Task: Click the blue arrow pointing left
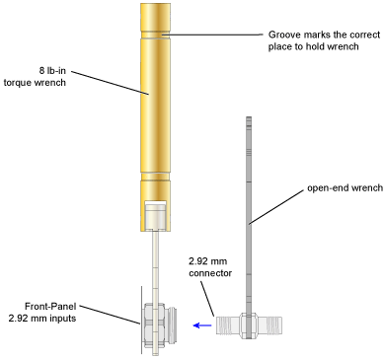click(x=202, y=325)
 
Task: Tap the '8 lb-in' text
click(x=52, y=71)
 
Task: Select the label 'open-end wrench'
click(x=346, y=188)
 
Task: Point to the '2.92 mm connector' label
click(x=210, y=267)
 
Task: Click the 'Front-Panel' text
click(x=50, y=307)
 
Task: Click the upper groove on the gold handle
click(x=155, y=36)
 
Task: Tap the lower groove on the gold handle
click(x=155, y=177)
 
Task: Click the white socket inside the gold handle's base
click(x=155, y=215)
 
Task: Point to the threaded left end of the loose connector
click(x=228, y=325)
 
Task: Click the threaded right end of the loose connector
click(x=270, y=325)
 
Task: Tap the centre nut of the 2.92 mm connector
click(x=249, y=325)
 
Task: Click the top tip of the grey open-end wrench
click(x=249, y=117)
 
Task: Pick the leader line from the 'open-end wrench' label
click(x=276, y=207)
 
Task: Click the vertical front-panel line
click(x=142, y=321)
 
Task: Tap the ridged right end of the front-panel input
click(x=171, y=325)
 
